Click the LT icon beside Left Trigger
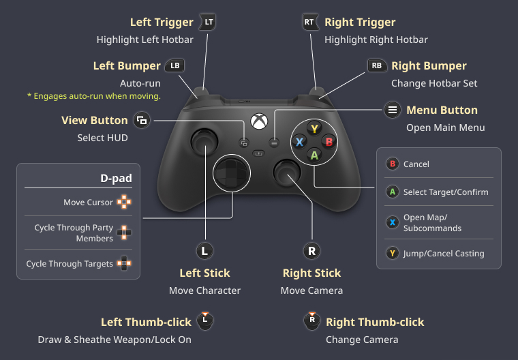tap(208, 22)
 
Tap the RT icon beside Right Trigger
tap(310, 22)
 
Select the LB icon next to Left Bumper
tap(174, 65)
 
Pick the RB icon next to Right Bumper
tap(377, 65)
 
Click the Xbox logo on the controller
tap(259, 121)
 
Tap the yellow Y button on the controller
tap(314, 129)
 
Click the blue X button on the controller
tap(300, 142)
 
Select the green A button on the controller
tap(314, 155)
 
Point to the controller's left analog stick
tap(204, 142)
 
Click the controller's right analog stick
tap(287, 172)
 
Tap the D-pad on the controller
tap(232, 173)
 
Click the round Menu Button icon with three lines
tap(393, 110)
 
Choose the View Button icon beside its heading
tap(142, 120)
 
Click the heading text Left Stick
tap(205, 273)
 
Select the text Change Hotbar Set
tap(434, 83)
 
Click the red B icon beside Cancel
tap(393, 164)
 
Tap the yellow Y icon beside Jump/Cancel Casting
tap(393, 254)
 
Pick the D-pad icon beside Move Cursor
tap(124, 202)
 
